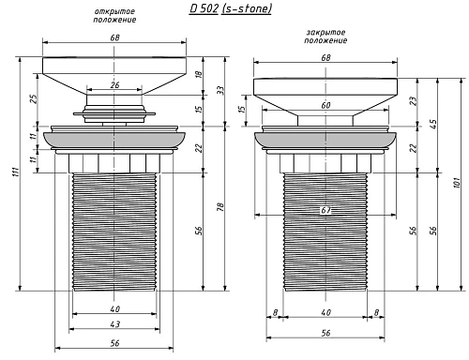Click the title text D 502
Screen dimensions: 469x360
pyautogui.click(x=204, y=8)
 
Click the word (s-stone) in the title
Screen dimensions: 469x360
pyautogui.click(x=247, y=8)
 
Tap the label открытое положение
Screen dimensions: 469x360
pyautogui.click(x=114, y=16)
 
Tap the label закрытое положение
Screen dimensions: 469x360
pyautogui.click(x=325, y=37)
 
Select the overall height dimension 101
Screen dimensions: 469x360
pyautogui.click(x=457, y=183)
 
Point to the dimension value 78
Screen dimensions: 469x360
pyautogui.click(x=220, y=207)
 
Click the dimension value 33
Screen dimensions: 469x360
pyautogui.click(x=220, y=90)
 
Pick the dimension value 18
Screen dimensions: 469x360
pyautogui.click(x=199, y=75)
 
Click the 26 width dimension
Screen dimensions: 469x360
pyautogui.click(x=114, y=85)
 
